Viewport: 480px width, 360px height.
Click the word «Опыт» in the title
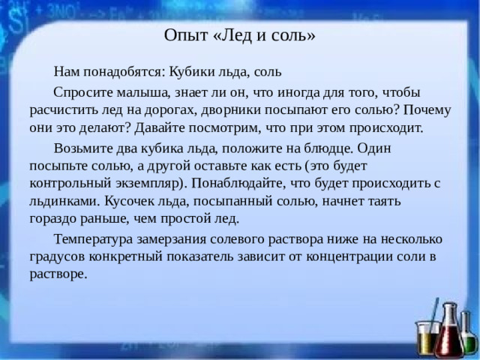click(x=181, y=35)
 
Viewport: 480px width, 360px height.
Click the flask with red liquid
click(x=449, y=334)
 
